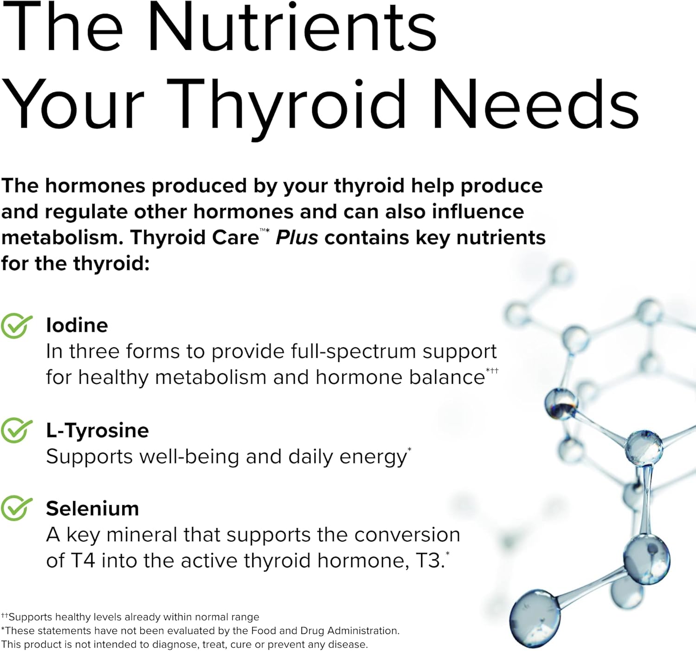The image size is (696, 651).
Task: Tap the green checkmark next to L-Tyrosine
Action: (x=17, y=430)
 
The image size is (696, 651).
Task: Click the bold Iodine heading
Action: (x=77, y=325)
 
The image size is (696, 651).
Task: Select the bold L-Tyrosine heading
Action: (x=97, y=430)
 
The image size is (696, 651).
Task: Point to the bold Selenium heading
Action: (x=92, y=508)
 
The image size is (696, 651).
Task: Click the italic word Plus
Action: (x=297, y=237)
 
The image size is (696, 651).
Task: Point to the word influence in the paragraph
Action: (x=478, y=212)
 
